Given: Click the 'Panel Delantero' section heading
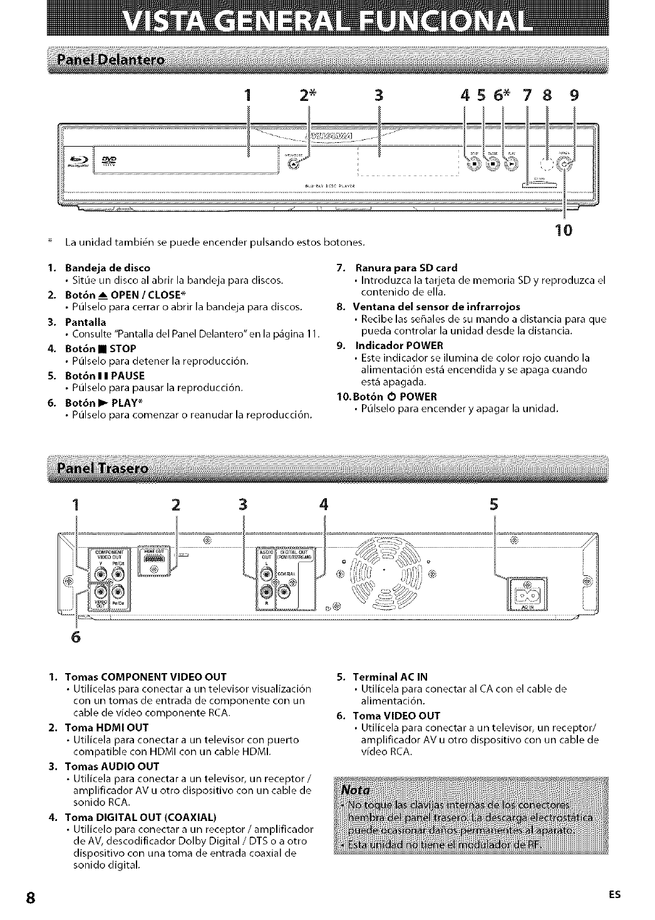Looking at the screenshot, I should [110, 60].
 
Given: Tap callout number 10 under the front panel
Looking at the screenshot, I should [564, 230].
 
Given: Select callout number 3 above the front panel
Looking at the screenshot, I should [378, 96].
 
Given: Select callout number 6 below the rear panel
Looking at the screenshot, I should [76, 637].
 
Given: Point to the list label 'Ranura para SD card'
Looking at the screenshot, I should [406, 268].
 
